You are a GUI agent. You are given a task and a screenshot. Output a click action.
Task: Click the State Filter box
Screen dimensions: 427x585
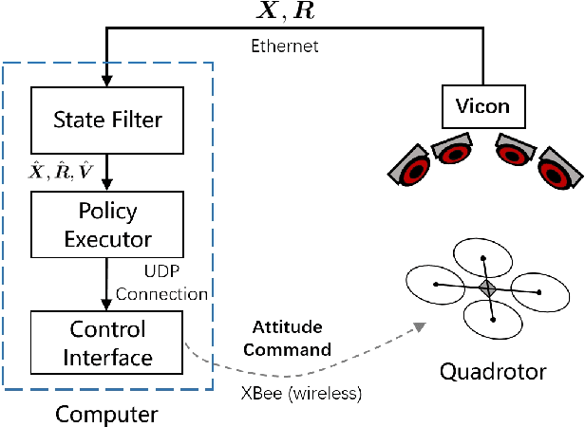pyautogui.click(x=106, y=120)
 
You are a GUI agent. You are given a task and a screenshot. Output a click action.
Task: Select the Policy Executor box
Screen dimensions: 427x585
pyautogui.click(x=106, y=224)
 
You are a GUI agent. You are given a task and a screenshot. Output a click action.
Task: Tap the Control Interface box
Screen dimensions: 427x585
pyautogui.click(x=106, y=343)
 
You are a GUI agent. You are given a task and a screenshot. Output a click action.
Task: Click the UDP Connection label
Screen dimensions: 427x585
pyautogui.click(x=161, y=284)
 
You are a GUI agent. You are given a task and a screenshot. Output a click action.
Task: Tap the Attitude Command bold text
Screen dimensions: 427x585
pyautogui.click(x=292, y=338)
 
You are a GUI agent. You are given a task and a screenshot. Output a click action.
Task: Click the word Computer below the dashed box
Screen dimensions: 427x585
pyautogui.click(x=106, y=415)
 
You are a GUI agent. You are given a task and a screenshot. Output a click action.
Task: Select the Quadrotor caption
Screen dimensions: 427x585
pyautogui.click(x=492, y=371)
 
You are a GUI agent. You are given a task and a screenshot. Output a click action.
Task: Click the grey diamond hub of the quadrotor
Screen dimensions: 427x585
pyautogui.click(x=487, y=288)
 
